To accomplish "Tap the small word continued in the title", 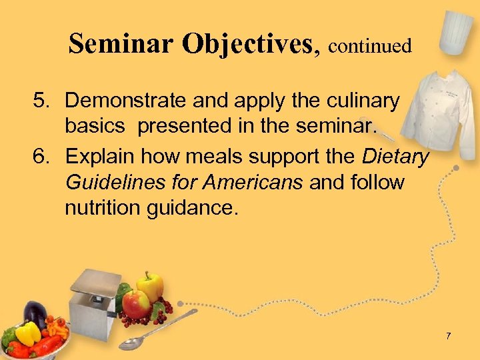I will coord(369,46).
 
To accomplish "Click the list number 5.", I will coord(42,101).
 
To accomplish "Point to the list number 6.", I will coord(42,157).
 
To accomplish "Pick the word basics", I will coord(93,126).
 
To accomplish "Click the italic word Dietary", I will coord(395,157).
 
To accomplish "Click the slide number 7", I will coord(449,336).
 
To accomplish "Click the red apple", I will coord(137,305).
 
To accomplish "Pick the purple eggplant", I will coord(35,313).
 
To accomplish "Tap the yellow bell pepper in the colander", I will coord(27,333).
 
